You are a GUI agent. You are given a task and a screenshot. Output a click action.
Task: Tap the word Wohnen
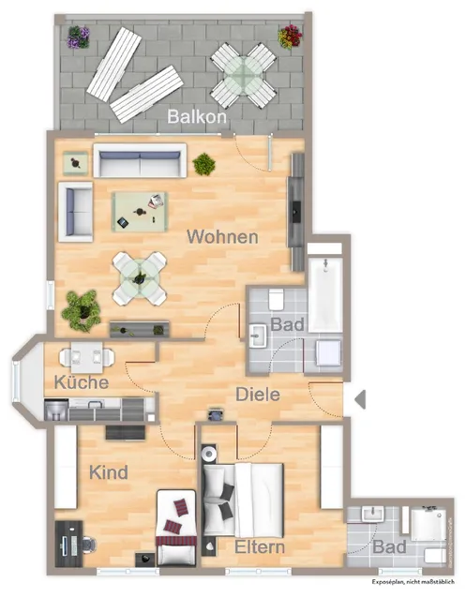[x=222, y=237]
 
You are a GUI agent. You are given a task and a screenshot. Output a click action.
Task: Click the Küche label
[x=82, y=382]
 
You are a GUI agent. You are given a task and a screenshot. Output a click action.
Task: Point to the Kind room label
[x=108, y=473]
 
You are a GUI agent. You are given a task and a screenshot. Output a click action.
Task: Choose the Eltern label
[x=261, y=546]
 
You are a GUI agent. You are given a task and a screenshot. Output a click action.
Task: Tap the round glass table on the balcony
[x=243, y=73]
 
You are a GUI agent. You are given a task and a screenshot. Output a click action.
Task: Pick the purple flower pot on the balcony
[x=78, y=37]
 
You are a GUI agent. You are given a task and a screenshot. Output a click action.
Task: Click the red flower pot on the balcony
[x=291, y=37]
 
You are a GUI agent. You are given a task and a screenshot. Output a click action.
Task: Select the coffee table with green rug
[x=141, y=210]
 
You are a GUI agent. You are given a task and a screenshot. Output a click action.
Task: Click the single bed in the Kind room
[x=176, y=529]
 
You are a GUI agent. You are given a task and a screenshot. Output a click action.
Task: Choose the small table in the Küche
[x=86, y=357]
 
